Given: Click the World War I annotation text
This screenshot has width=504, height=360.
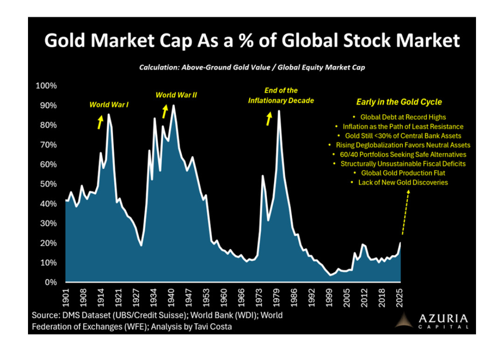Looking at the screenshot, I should point(109,105).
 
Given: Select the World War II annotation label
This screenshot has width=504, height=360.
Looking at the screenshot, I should point(176,95).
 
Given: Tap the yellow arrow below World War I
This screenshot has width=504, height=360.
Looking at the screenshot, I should point(100,122).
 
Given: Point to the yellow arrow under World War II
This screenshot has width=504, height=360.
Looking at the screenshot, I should point(165,111).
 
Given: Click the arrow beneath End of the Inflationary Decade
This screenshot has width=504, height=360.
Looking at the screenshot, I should point(269,119).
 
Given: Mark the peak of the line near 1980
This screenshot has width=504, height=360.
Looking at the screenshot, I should point(279,111).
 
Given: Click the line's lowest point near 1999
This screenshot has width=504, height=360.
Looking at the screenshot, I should point(330,275).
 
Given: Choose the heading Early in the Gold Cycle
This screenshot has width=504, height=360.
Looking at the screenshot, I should point(399,102).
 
